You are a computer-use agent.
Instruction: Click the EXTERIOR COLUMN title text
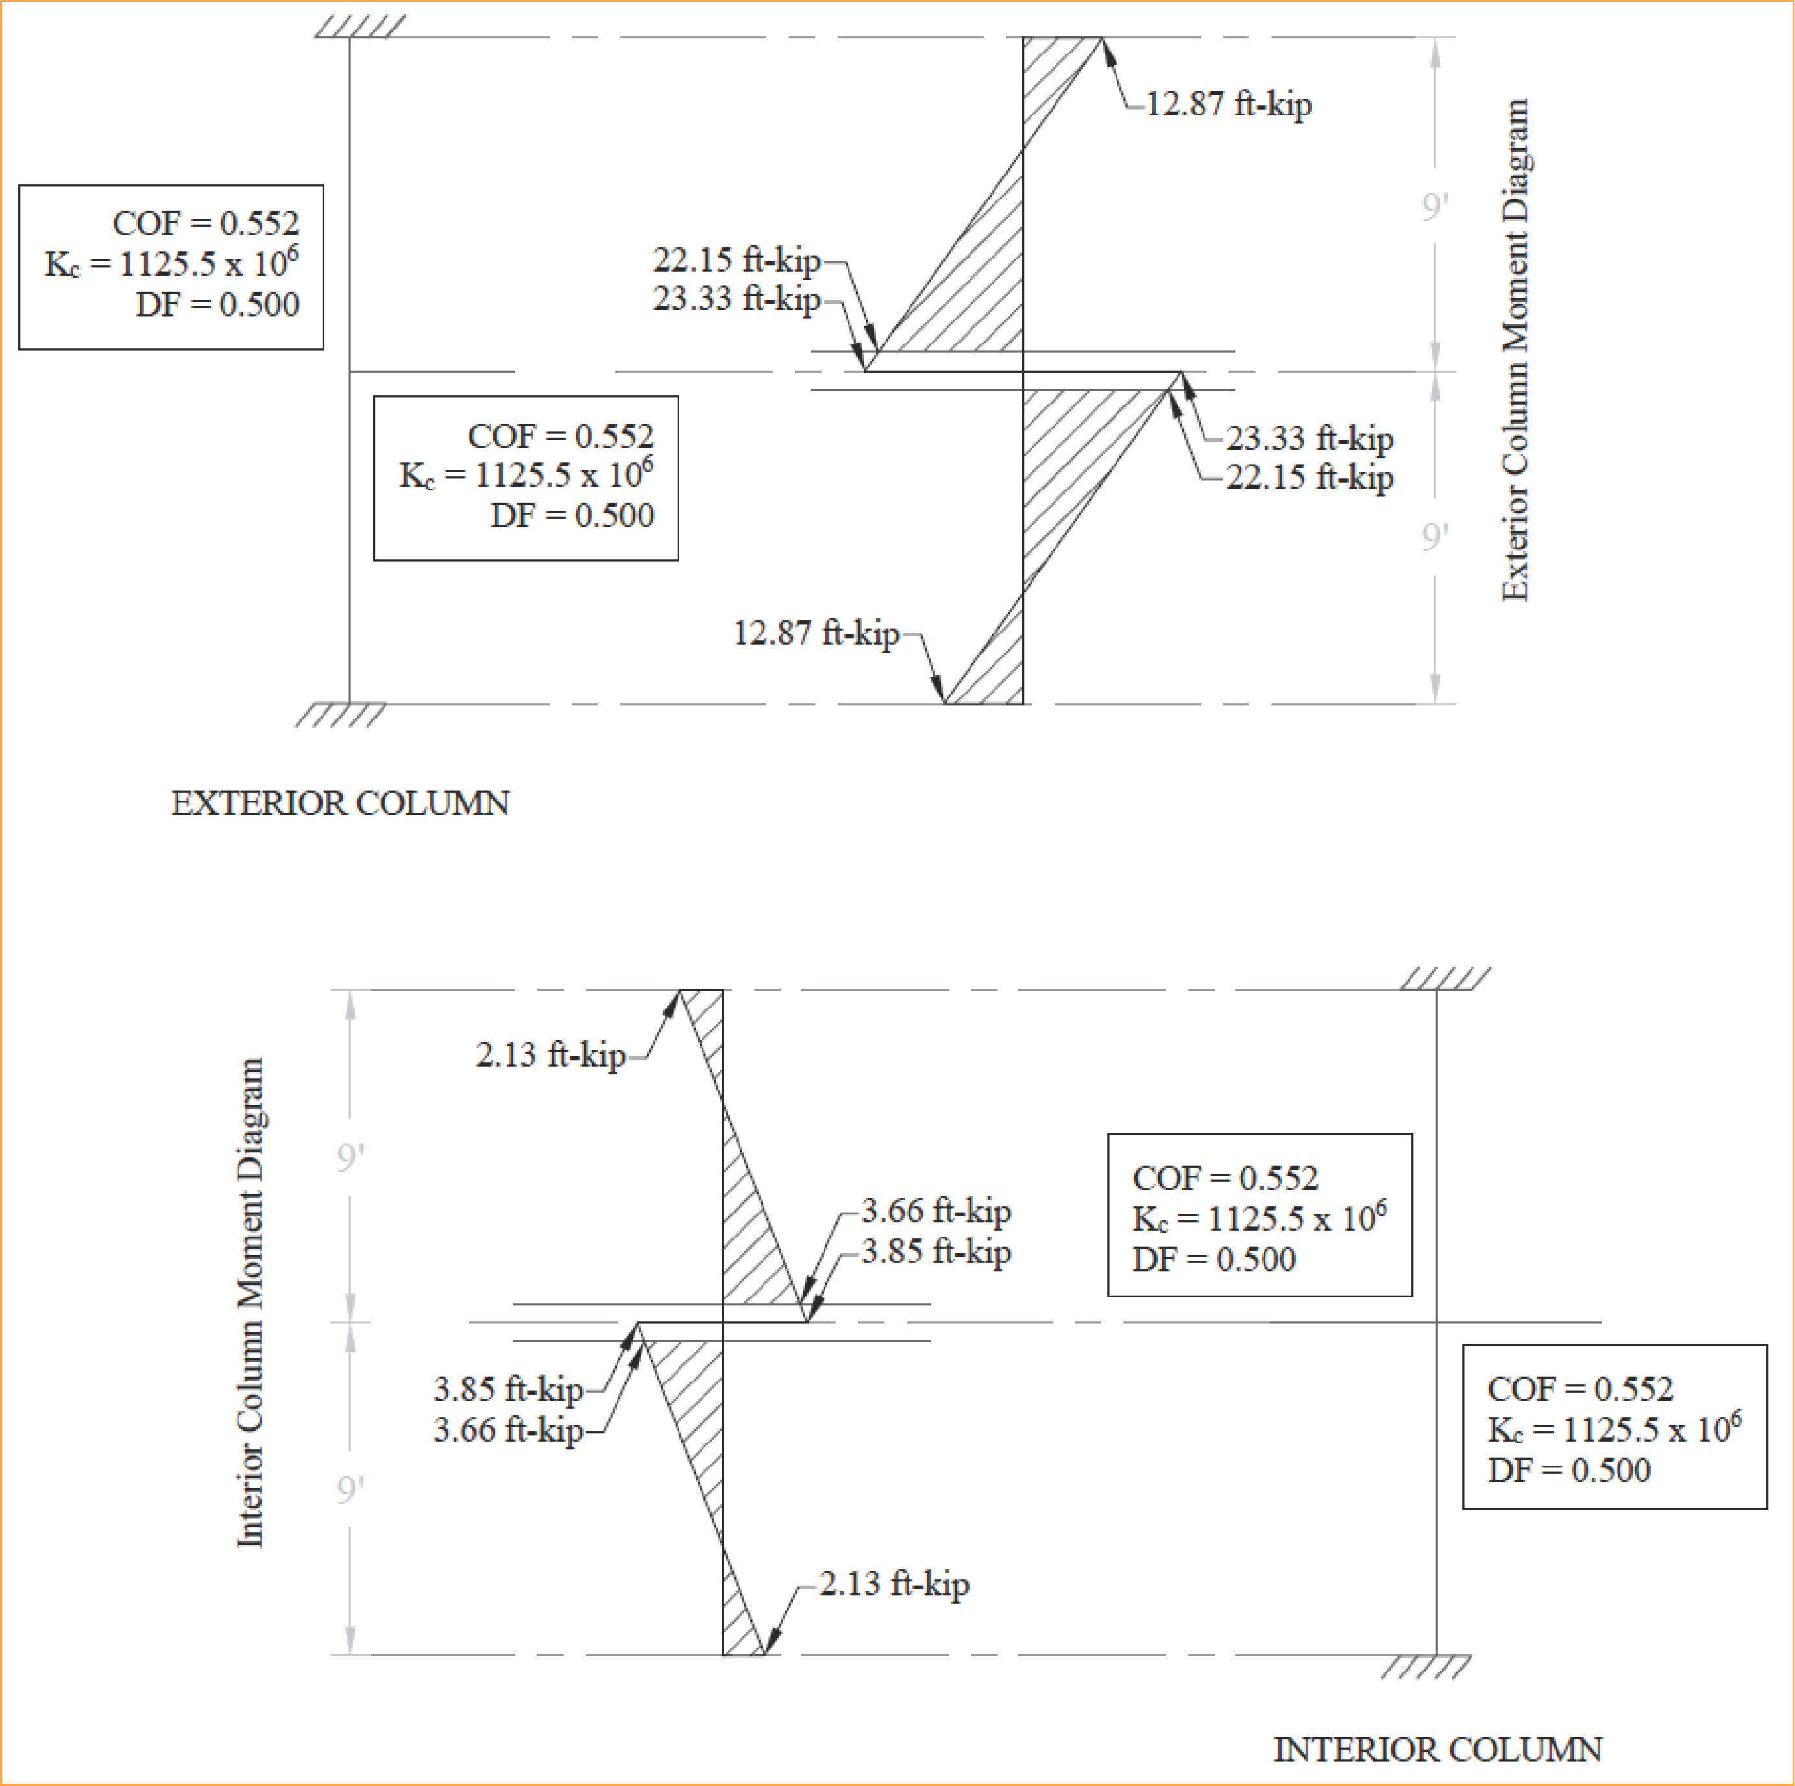[340, 802]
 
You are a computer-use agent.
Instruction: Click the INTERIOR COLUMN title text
[1437, 1750]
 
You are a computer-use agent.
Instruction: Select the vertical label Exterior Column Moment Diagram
[1515, 350]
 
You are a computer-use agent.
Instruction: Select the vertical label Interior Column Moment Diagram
[250, 1303]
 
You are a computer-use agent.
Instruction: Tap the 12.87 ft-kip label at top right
[1228, 104]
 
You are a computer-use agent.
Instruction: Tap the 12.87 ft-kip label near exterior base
[816, 633]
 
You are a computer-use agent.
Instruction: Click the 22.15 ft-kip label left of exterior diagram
[736, 260]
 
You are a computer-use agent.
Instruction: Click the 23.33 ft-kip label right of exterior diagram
[1309, 439]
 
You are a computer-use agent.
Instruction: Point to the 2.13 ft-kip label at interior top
[550, 1055]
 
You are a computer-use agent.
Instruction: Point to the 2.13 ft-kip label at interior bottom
[894, 1584]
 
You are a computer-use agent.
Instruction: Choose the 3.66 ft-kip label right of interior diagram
[936, 1211]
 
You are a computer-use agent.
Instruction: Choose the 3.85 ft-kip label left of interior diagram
[507, 1390]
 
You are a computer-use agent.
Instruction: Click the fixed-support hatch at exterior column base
[340, 715]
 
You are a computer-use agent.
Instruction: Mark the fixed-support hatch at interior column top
[1445, 979]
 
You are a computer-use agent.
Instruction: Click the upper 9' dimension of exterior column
[1435, 206]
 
